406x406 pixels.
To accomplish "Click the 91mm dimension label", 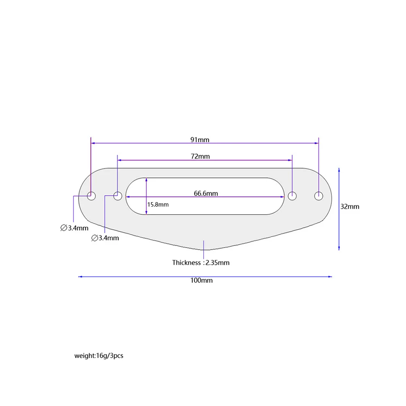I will click(x=200, y=140).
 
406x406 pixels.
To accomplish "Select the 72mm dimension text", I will click(x=200, y=156).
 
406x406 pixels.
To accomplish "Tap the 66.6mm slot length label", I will click(x=205, y=193).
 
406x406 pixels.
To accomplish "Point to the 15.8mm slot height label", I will click(x=158, y=205).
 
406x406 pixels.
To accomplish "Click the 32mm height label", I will click(x=349, y=206).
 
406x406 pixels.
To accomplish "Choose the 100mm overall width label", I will click(x=201, y=280).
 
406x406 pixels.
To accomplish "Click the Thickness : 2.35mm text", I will click(x=201, y=263).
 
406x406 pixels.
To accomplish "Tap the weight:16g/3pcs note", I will click(x=98, y=356).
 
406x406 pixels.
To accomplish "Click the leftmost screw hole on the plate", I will click(x=92, y=196).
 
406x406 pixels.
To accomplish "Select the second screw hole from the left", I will click(x=118, y=196).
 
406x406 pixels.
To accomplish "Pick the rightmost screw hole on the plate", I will click(x=319, y=196).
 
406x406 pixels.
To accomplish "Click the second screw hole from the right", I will click(x=292, y=196).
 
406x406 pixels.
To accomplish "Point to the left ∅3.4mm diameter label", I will click(x=74, y=228).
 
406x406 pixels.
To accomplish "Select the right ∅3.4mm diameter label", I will click(x=105, y=238).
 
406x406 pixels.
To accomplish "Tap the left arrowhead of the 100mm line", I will click(x=80, y=277).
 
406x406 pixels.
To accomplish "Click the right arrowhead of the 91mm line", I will click(x=317, y=143).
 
